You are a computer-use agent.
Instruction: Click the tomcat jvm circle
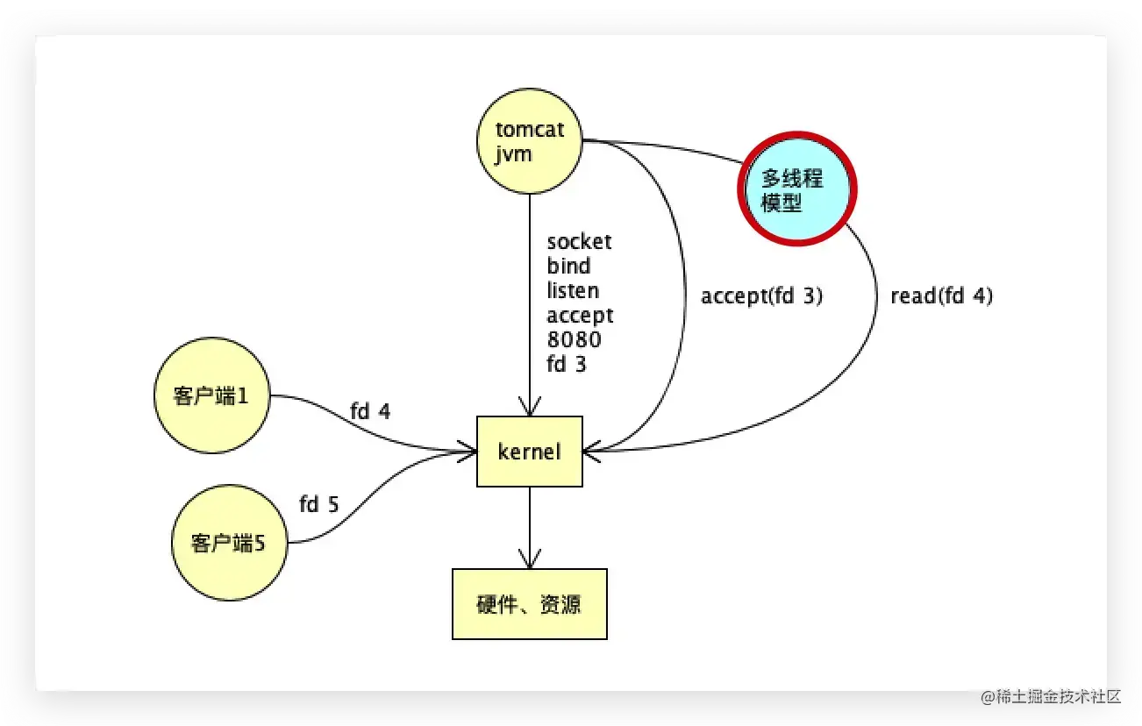click(529, 140)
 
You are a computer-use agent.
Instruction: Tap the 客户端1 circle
click(211, 395)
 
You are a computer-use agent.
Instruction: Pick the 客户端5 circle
click(229, 544)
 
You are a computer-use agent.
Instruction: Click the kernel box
click(529, 452)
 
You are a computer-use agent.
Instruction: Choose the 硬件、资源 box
click(529, 604)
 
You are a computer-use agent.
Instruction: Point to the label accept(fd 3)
click(761, 296)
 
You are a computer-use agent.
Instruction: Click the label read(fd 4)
click(941, 296)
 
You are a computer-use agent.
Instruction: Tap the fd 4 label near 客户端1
click(369, 410)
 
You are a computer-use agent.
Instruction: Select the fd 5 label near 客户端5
click(318, 504)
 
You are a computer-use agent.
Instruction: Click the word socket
click(579, 241)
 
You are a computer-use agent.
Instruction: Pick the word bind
click(568, 266)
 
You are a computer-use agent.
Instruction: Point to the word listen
click(573, 290)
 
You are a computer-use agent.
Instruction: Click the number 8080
click(574, 339)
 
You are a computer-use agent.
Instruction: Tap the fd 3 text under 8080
click(567, 364)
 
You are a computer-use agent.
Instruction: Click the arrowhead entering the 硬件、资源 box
click(529, 561)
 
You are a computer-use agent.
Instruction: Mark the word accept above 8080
click(580, 315)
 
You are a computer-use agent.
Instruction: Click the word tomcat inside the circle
click(530, 130)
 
